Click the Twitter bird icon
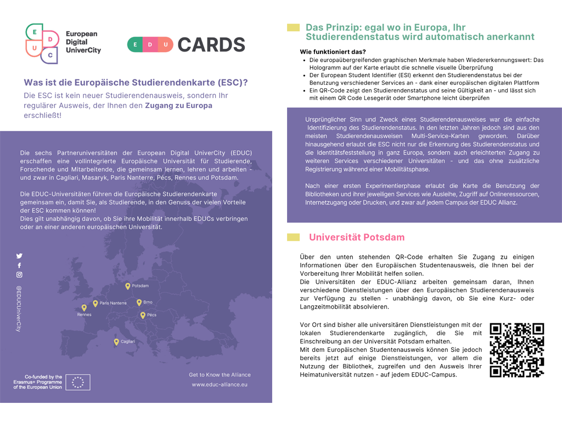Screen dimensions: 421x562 [x=19, y=256]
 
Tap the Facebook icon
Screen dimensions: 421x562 [x=19, y=265]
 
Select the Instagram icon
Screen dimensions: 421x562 [x=19, y=275]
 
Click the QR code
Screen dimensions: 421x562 [x=516, y=350]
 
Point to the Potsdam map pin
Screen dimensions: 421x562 [x=127, y=286]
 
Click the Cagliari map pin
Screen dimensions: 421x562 [x=116, y=342]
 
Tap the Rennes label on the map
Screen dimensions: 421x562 [x=85, y=315]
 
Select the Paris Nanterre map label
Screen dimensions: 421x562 [x=113, y=303]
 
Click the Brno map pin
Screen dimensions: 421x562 [x=139, y=303]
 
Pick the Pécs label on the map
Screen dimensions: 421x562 [x=151, y=315]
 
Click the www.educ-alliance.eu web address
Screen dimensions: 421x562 [x=220, y=385]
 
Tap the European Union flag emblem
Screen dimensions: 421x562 [x=78, y=382]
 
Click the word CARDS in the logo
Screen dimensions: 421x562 [x=211, y=44]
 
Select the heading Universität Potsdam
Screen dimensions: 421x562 [x=357, y=237]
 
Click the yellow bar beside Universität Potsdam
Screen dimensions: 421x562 [x=293, y=237]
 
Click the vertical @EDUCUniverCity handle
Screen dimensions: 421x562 [x=19, y=308]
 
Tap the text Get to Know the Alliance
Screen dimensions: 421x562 [x=220, y=375]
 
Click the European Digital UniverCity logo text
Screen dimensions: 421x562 [x=83, y=42]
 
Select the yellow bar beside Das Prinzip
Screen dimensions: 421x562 [x=293, y=27]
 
